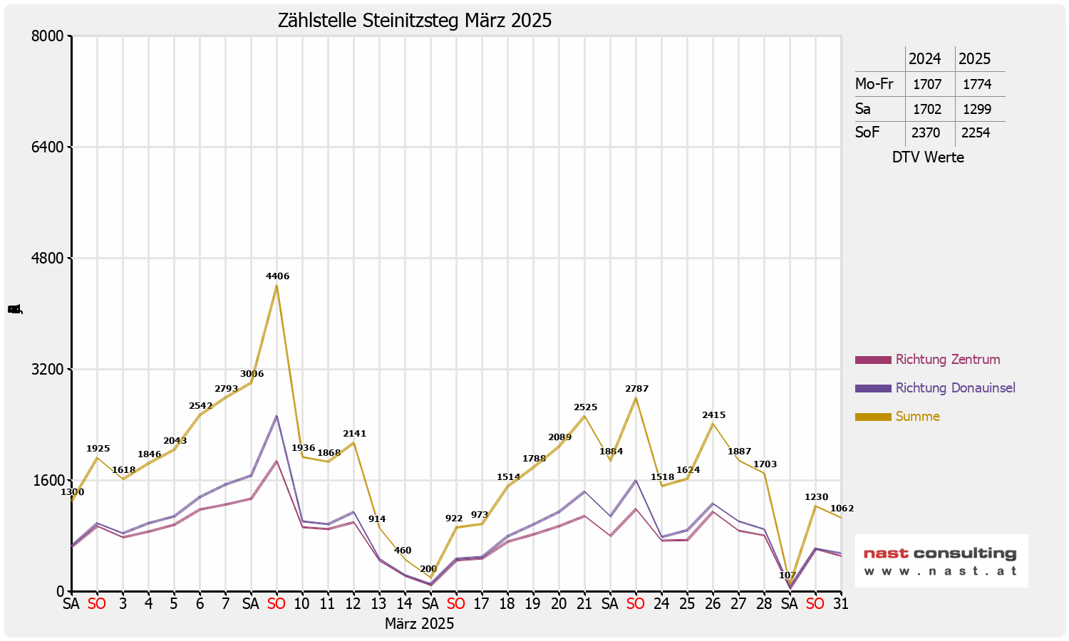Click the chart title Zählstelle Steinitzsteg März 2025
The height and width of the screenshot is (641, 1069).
pyautogui.click(x=415, y=21)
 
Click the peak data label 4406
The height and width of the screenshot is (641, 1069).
pyautogui.click(x=277, y=276)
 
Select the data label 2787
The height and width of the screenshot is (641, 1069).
pyautogui.click(x=636, y=389)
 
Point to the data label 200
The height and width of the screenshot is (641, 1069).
pyautogui.click(x=428, y=569)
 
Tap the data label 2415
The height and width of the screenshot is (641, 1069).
pyautogui.click(x=713, y=415)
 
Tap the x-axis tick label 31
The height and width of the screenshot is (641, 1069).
pyautogui.click(x=841, y=604)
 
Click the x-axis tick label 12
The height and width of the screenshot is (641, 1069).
pyautogui.click(x=353, y=604)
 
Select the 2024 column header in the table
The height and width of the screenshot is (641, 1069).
pyautogui.click(x=924, y=59)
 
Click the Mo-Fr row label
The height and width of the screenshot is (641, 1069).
pyautogui.click(x=874, y=84)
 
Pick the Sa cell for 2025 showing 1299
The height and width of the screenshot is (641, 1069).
pyautogui.click(x=976, y=110)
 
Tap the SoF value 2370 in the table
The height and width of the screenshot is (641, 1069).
pyautogui.click(x=925, y=133)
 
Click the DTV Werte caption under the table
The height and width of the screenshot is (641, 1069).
pyautogui.click(x=928, y=157)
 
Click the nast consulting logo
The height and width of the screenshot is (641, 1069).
pyautogui.click(x=941, y=561)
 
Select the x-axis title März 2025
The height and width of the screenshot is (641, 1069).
pyautogui.click(x=419, y=624)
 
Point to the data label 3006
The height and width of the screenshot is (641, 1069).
pyautogui.click(x=252, y=374)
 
